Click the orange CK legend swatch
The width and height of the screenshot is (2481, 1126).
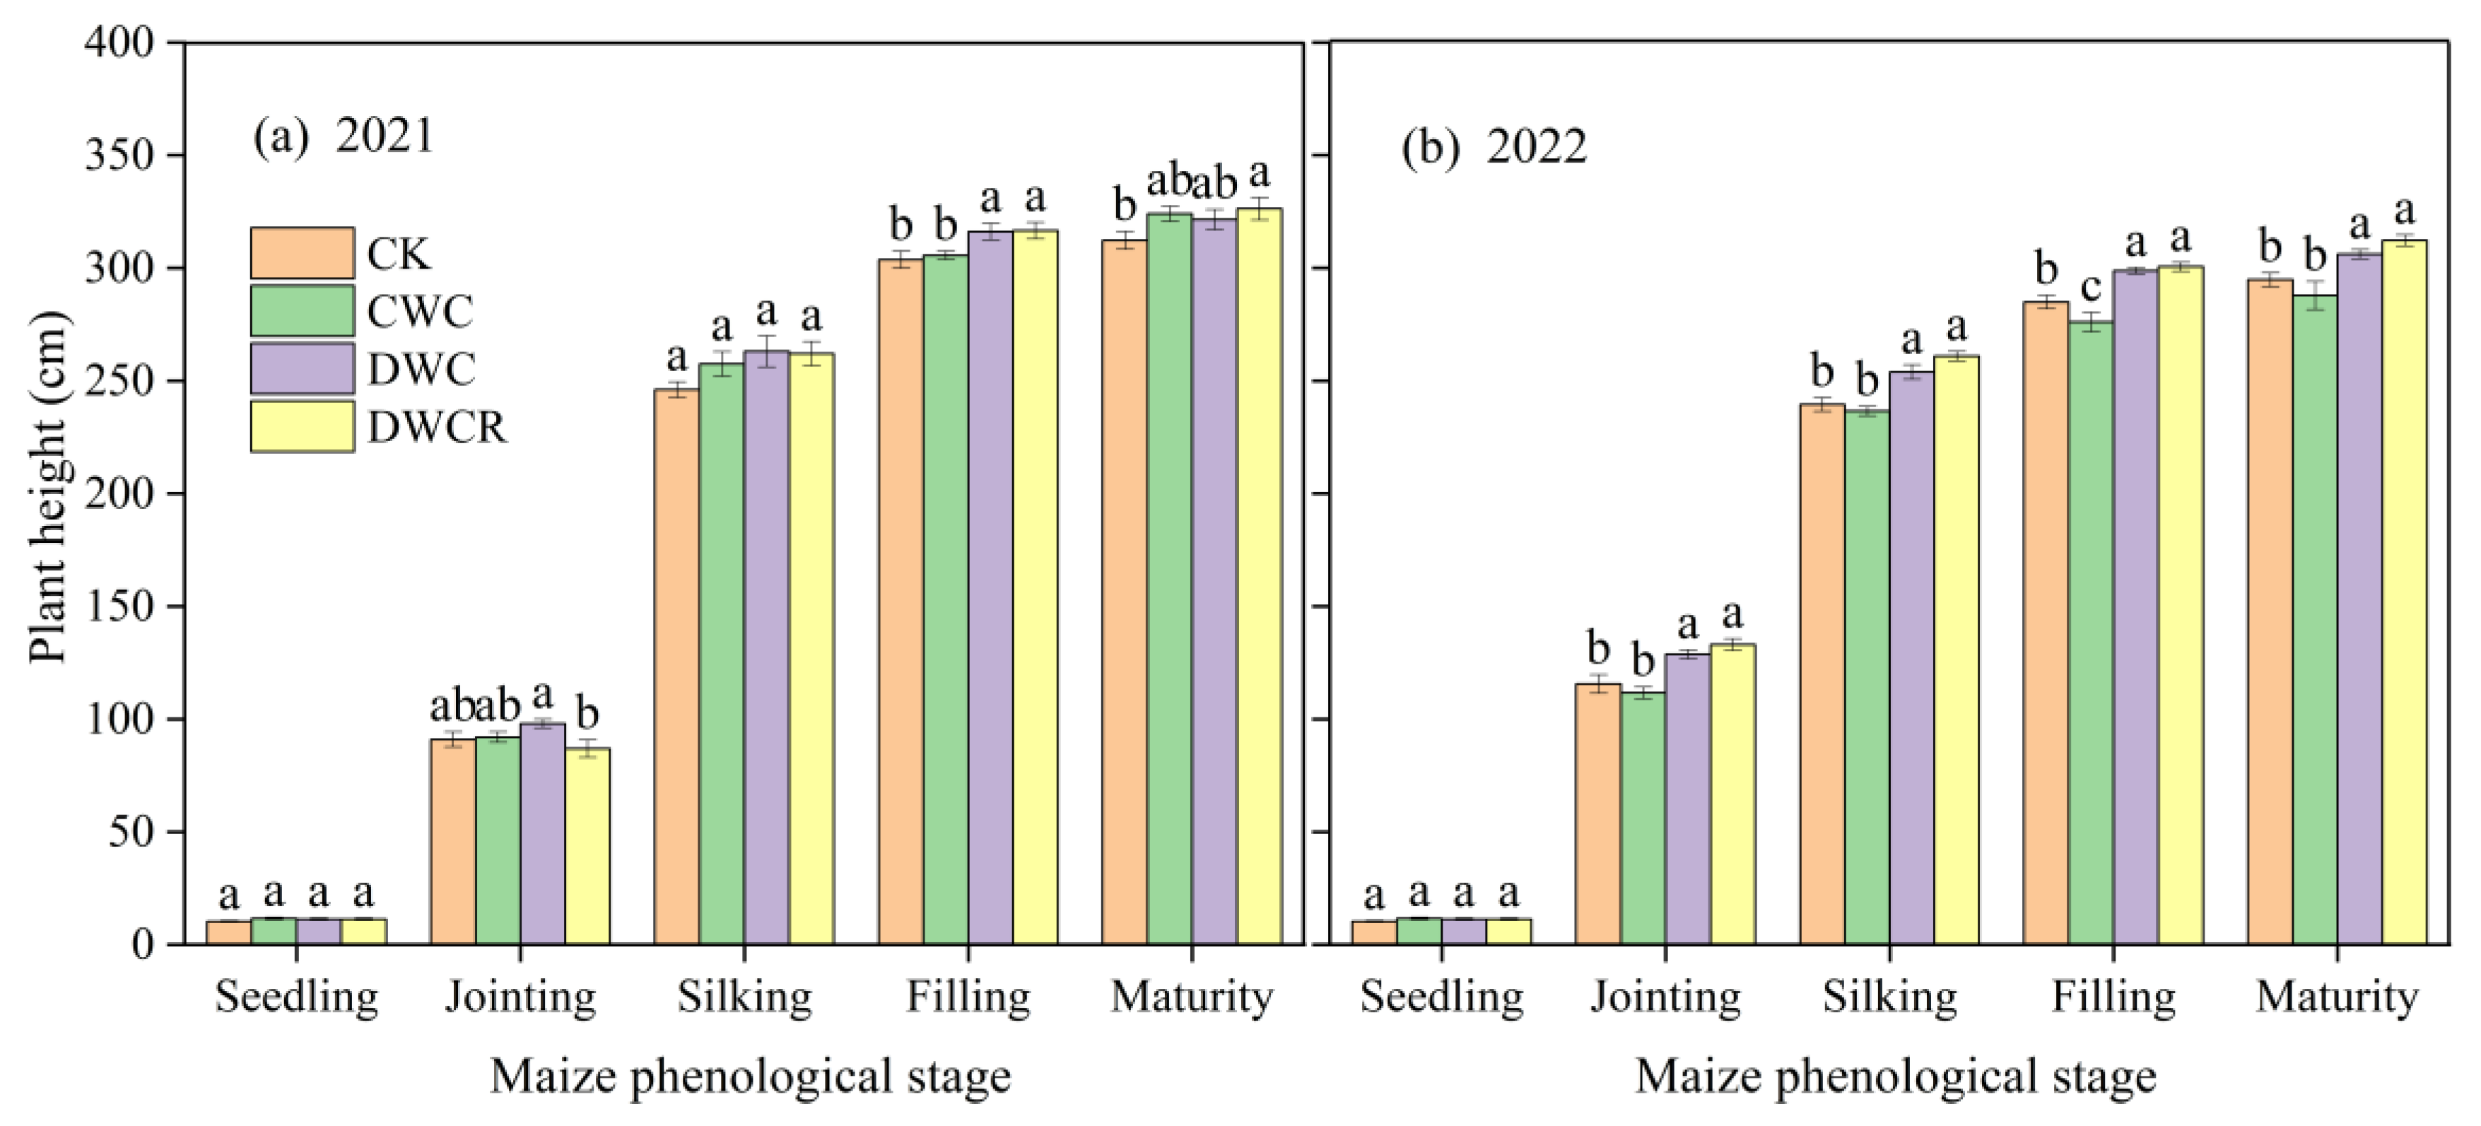coord(301,253)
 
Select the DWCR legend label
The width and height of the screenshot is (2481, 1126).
coord(436,428)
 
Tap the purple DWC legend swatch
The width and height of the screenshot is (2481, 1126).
coord(301,369)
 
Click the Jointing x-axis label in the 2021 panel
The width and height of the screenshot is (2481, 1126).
coord(520,997)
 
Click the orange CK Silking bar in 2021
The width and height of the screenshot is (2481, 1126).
coord(677,667)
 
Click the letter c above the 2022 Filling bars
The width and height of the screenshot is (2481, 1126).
coord(2090,288)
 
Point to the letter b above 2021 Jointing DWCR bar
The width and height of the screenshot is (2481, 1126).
coord(587,715)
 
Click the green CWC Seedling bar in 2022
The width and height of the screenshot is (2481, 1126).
coord(1419,932)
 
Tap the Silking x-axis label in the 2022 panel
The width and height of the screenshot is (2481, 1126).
coord(1889,997)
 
